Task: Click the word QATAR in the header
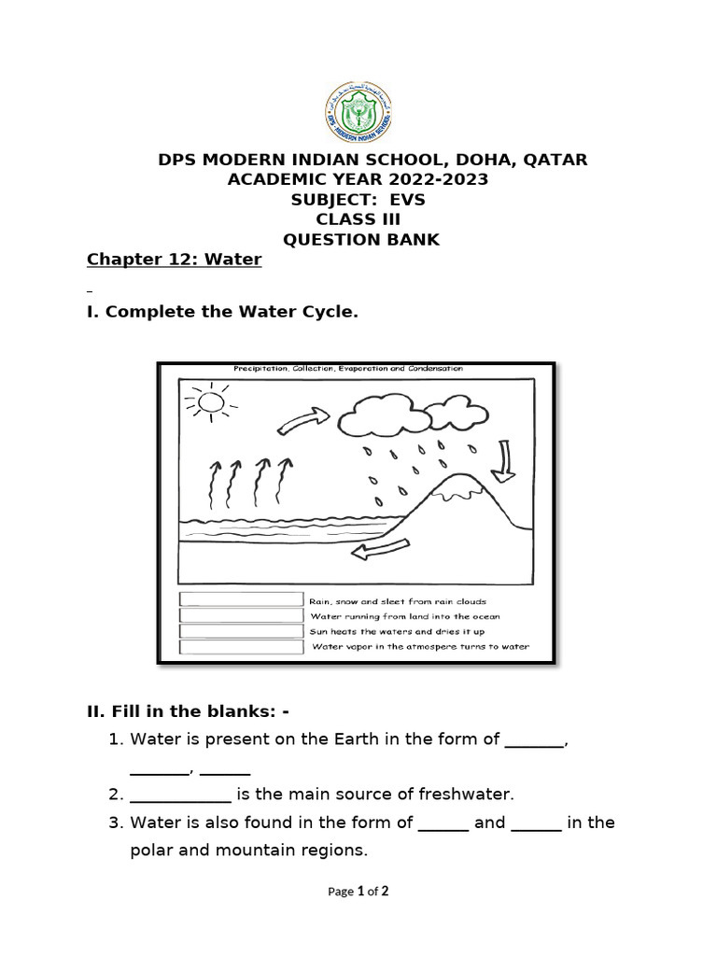pyautogui.click(x=556, y=160)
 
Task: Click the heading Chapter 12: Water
pyautogui.click(x=175, y=260)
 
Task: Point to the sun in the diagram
pyautogui.click(x=211, y=401)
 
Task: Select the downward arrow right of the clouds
pyautogui.click(x=507, y=462)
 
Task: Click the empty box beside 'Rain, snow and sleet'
pyautogui.click(x=242, y=600)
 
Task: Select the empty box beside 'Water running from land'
pyautogui.click(x=242, y=616)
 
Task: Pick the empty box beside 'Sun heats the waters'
pyautogui.click(x=242, y=631)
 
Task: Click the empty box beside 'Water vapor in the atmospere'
pyautogui.click(x=242, y=646)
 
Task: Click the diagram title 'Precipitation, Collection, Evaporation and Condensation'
pyautogui.click(x=348, y=369)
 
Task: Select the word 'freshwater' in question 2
pyautogui.click(x=469, y=794)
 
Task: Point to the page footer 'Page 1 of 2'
pyautogui.click(x=358, y=892)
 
